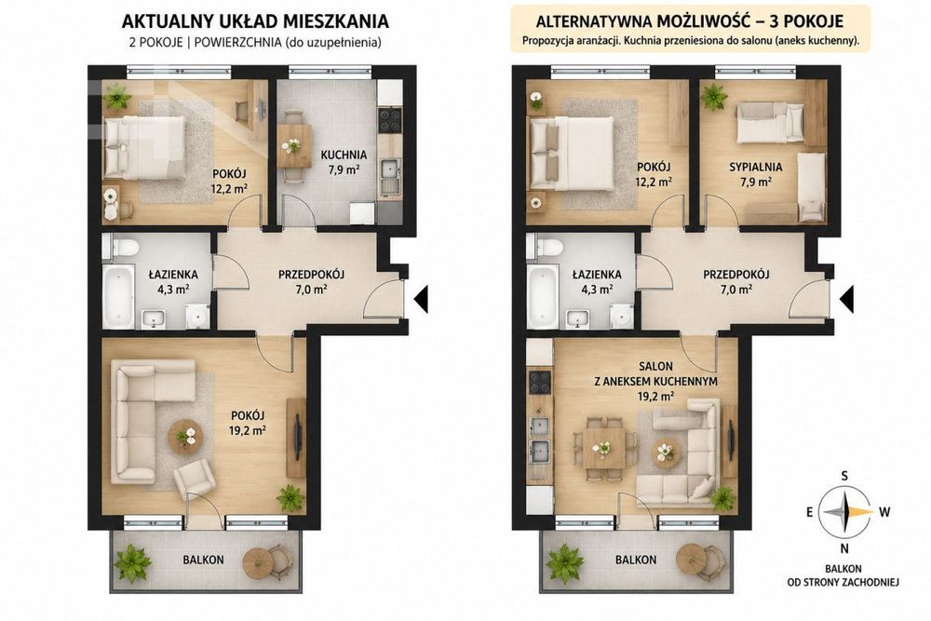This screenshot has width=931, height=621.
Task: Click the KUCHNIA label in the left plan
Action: (344, 155)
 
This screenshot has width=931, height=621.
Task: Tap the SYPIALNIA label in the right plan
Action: (755, 167)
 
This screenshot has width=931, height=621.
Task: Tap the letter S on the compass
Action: (843, 476)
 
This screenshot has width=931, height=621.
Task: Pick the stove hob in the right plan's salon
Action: (540, 383)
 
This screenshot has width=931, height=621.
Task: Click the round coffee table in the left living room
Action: (185, 438)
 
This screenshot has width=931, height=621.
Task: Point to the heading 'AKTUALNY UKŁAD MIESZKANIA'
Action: (255, 22)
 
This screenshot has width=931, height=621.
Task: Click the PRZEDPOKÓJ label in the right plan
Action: (736, 275)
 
